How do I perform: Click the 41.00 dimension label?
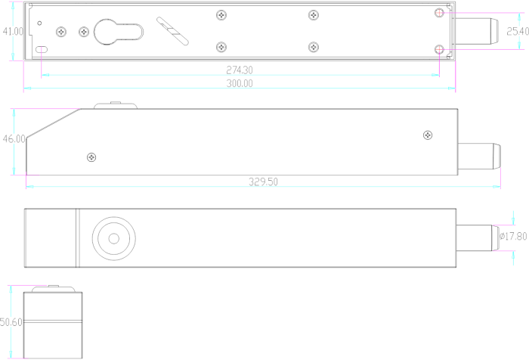[x=13, y=32]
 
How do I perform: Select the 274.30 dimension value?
[x=240, y=70]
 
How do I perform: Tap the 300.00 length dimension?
[x=240, y=83]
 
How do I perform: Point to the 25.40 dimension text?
[x=518, y=32]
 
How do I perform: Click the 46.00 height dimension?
[x=14, y=139]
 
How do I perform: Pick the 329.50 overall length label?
[x=263, y=182]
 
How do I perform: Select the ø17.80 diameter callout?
[x=513, y=236]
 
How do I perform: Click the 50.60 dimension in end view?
[x=11, y=322]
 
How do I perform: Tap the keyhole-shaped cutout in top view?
[x=118, y=32]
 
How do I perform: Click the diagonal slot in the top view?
[x=172, y=31]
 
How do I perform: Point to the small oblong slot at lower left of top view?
[x=42, y=50]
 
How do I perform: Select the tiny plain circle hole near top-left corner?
[x=39, y=23]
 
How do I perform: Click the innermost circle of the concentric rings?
[x=113, y=238]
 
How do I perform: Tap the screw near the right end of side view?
[x=428, y=135]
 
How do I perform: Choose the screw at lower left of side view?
[x=91, y=157]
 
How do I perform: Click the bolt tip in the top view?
[x=494, y=31]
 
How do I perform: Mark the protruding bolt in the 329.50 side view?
[x=479, y=156]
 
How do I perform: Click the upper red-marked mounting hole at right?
[x=439, y=13]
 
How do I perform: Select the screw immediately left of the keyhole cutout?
[x=84, y=32]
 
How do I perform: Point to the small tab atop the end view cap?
[x=54, y=286]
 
